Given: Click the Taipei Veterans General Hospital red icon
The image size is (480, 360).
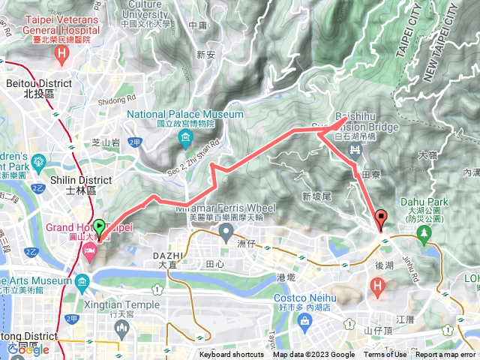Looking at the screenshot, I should (61, 55).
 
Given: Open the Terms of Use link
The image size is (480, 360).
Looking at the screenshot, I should (385, 355).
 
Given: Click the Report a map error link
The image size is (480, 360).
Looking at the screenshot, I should (445, 355).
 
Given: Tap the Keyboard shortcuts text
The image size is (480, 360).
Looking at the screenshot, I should (231, 355).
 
